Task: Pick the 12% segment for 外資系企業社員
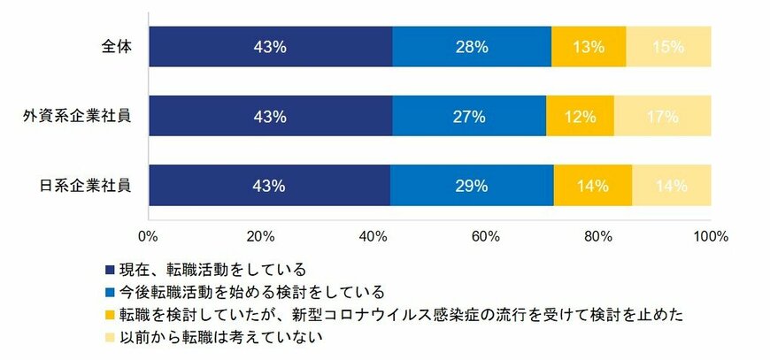coord(580,117)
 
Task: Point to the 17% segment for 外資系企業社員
coord(662,117)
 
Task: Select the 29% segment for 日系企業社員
coord(471,186)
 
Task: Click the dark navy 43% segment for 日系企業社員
coord(269,186)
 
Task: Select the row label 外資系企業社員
coord(79,117)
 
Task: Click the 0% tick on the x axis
coord(149,237)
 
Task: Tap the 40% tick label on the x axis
coord(373,237)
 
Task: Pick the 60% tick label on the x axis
coord(486,237)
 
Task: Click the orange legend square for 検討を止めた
coord(110,315)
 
